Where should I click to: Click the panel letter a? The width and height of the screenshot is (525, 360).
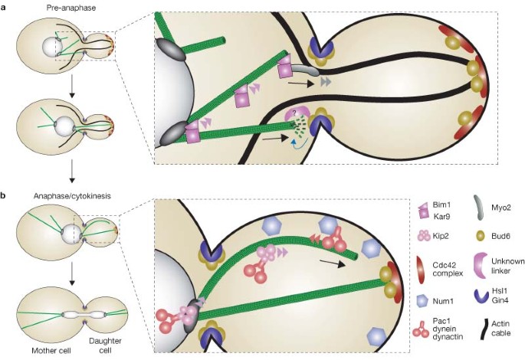[x=5, y=6]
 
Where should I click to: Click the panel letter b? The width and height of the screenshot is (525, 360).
[x=5, y=197]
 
